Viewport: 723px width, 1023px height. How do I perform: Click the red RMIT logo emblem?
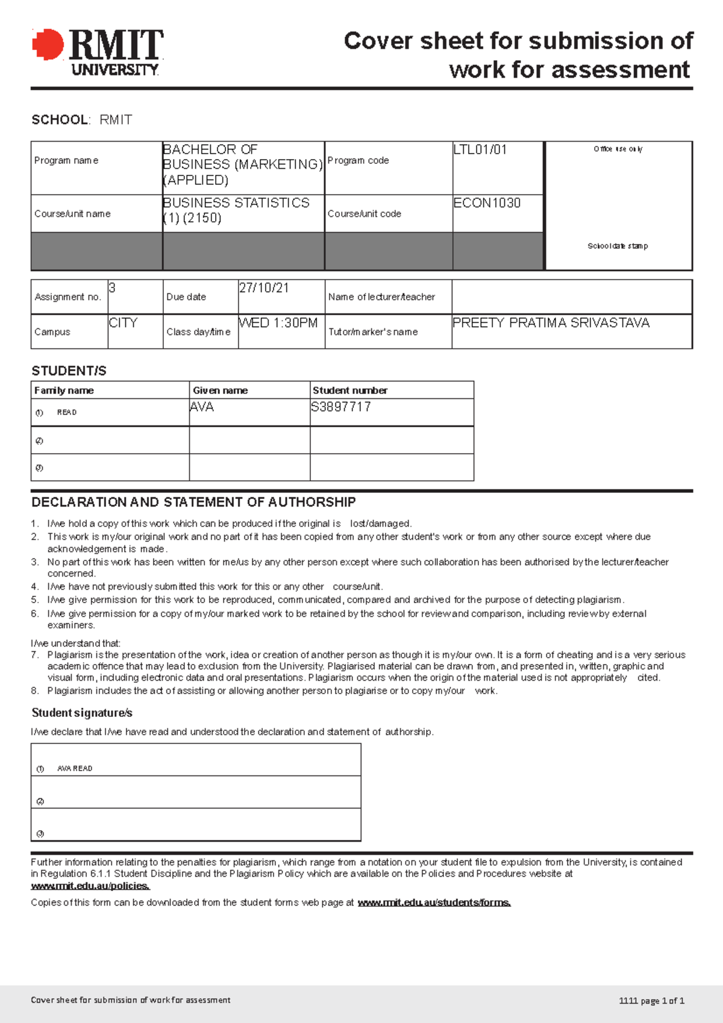(48, 45)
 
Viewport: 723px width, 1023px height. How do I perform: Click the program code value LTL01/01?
(480, 149)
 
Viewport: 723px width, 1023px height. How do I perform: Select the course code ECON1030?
(486, 203)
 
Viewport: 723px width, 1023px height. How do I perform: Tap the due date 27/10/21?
(264, 288)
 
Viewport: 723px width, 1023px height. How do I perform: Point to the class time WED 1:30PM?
(278, 323)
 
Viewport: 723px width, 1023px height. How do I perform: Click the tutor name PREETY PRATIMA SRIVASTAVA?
(551, 323)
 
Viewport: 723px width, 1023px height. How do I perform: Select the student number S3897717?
(340, 407)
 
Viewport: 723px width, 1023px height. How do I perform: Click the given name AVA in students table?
(202, 407)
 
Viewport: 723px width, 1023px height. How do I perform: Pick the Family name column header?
(64, 390)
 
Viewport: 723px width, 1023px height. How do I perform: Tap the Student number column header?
(349, 390)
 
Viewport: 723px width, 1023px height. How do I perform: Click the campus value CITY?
(123, 323)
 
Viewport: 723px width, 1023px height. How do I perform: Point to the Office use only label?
(618, 149)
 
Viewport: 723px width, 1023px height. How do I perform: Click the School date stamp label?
(618, 246)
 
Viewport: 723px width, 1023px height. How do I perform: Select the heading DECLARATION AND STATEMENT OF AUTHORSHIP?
(193, 502)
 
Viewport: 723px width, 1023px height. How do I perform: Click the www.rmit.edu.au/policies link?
(90, 886)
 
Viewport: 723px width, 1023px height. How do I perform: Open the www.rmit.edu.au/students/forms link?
(434, 903)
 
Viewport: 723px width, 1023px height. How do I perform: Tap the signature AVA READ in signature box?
(75, 768)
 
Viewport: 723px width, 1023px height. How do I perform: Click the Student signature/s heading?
(82, 713)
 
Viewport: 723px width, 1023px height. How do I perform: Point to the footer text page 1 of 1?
(662, 1001)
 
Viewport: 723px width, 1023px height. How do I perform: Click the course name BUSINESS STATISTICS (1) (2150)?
(236, 210)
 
